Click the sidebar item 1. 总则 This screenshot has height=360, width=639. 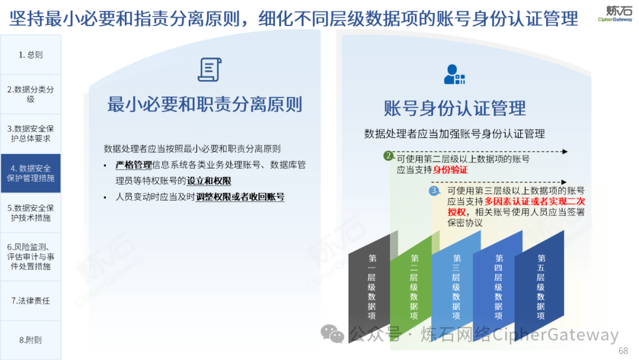point(31,54)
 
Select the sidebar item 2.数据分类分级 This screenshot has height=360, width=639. point(31,94)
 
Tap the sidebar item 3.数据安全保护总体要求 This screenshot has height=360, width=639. point(31,134)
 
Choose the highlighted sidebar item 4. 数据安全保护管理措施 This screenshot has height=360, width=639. point(31,173)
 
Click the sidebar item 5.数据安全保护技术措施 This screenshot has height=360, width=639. point(31,213)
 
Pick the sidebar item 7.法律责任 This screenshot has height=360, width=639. point(31,300)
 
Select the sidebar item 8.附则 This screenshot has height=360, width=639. point(31,340)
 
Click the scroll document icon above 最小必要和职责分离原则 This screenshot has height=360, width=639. point(210,69)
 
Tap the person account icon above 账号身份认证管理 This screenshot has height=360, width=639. point(454,75)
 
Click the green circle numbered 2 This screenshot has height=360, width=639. point(388,156)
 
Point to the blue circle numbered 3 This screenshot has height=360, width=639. point(434,191)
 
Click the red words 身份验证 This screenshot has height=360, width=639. point(450,170)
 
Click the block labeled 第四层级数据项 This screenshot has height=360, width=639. point(498,286)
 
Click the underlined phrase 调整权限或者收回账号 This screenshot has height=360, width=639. point(240,197)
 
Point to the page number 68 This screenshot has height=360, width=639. point(623,351)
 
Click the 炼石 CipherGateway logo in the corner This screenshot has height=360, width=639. point(615,14)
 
